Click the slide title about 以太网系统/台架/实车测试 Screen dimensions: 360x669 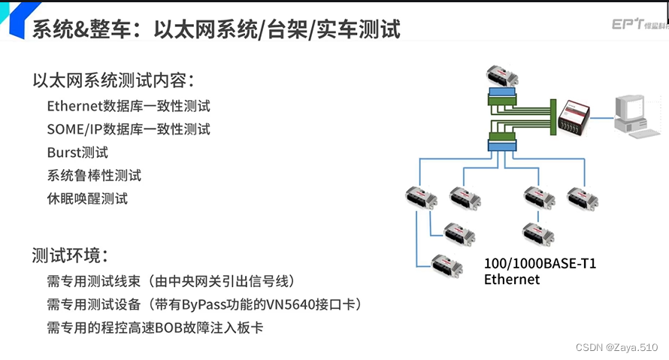tap(216, 29)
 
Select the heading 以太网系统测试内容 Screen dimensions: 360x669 tap(114, 80)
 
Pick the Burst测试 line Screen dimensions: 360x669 tap(77, 153)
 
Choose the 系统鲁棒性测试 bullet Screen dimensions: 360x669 tap(94, 176)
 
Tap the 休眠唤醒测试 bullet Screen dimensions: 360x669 tap(87, 199)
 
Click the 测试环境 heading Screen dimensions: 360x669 tap(71, 256)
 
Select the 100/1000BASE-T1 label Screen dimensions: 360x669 tap(540, 264)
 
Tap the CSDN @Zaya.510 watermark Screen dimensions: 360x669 tap(616, 347)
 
